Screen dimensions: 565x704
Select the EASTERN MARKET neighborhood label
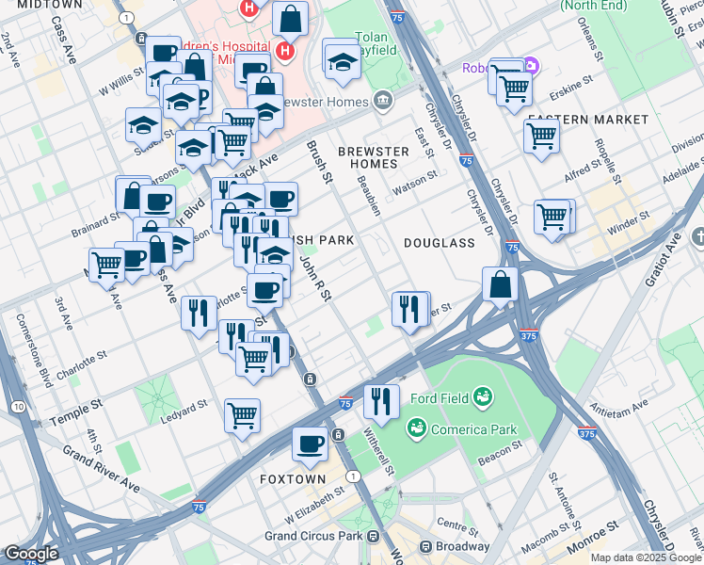(588, 120)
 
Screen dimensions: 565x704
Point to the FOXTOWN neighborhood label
(293, 479)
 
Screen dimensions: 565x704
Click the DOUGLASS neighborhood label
(440, 243)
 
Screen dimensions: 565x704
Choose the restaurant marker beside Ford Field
(381, 399)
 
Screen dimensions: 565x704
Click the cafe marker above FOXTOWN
(310, 443)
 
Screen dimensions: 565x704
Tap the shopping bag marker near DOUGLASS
(500, 282)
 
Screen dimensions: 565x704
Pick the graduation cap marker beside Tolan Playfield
(342, 61)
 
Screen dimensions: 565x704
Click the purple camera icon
(532, 66)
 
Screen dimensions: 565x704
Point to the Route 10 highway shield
(19, 406)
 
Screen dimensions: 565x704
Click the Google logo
(31, 554)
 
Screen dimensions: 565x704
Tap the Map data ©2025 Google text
(645, 557)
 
